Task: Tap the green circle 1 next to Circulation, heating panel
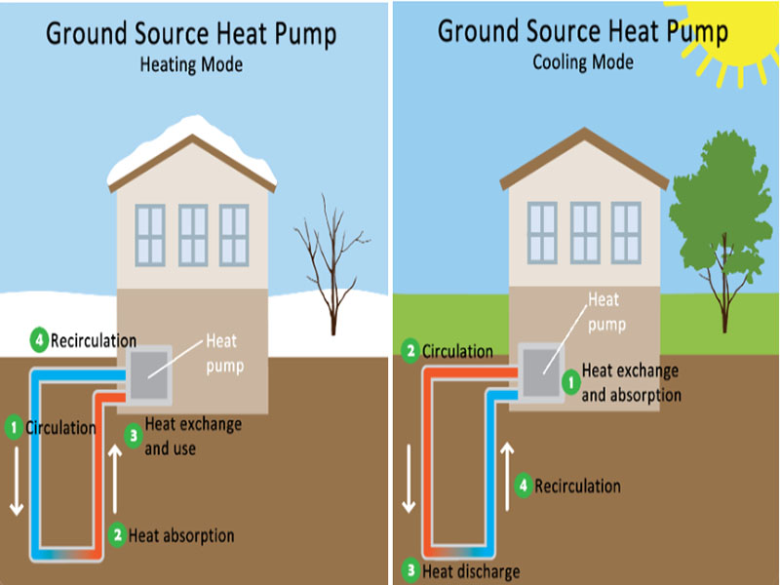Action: point(14,426)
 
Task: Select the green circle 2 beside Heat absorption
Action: point(117,535)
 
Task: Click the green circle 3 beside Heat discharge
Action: point(410,570)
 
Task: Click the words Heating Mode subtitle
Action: point(192,65)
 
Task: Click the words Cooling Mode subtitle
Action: point(582,62)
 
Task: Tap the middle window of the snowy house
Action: point(192,235)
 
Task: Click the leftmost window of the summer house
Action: point(542,232)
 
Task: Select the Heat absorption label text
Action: point(181,535)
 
